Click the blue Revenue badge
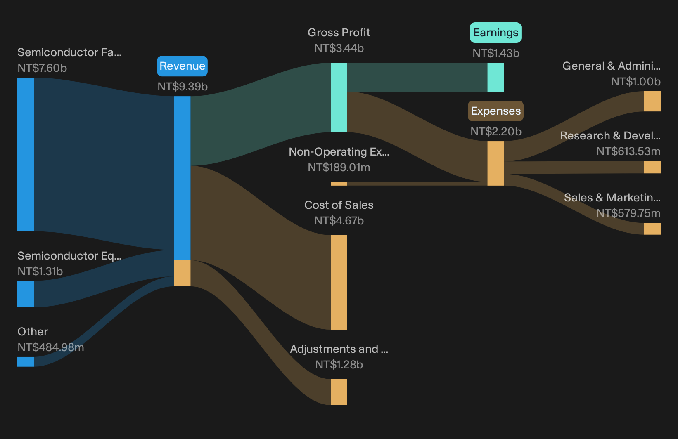click(x=182, y=66)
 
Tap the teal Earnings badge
click(x=495, y=32)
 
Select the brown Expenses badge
click(x=495, y=111)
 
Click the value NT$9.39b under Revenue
click(x=183, y=87)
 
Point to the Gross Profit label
click(x=339, y=32)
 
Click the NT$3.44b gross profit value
click(x=339, y=48)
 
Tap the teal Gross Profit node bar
click(x=339, y=97)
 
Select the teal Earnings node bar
click(x=495, y=77)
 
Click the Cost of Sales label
click(x=339, y=205)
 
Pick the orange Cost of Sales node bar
click(x=339, y=282)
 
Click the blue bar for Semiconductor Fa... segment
click(x=26, y=154)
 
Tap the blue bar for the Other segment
click(x=26, y=361)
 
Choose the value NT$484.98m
click(x=50, y=347)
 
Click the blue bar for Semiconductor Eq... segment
click(x=26, y=294)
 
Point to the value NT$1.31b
click(x=40, y=271)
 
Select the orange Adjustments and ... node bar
click(x=339, y=392)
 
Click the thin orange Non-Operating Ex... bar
click(x=339, y=184)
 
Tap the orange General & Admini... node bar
click(x=652, y=101)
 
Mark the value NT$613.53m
click(x=628, y=151)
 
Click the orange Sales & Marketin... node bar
click(x=652, y=229)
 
